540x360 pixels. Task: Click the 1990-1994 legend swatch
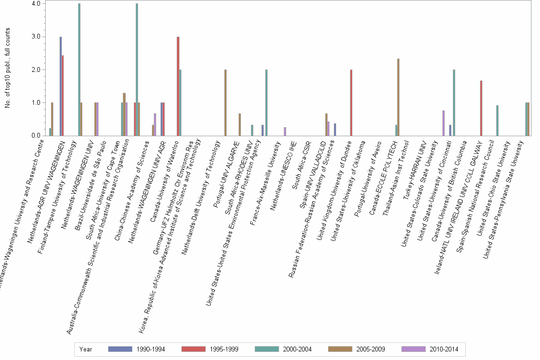pyautogui.click(x=120, y=349)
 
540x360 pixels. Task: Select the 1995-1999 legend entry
pyautogui.click(x=194, y=349)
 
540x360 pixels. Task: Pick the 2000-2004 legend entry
pyautogui.click(x=267, y=349)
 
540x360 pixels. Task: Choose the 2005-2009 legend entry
pyautogui.click(x=340, y=349)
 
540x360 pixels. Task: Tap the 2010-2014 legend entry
pyautogui.click(x=413, y=349)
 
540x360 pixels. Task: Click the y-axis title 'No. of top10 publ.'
pyautogui.click(x=8, y=68)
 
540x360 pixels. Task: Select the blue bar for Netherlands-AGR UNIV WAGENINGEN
pyautogui.click(x=60, y=86)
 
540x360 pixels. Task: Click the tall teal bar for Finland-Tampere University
pyautogui.click(x=79, y=70)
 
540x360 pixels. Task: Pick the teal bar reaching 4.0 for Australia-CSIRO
pyautogui.click(x=137, y=70)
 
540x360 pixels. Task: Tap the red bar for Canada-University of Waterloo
pyautogui.click(x=178, y=86)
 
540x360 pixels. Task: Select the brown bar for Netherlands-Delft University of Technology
pyautogui.click(x=225, y=103)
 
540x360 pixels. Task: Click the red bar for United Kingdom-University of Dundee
pyautogui.click(x=351, y=103)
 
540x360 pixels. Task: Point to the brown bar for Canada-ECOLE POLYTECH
pyautogui.click(x=398, y=97)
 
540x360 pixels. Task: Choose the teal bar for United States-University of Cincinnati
pyautogui.click(x=453, y=103)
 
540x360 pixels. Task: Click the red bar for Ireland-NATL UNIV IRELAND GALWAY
pyautogui.click(x=481, y=108)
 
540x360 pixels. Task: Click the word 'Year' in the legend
pyautogui.click(x=86, y=349)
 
